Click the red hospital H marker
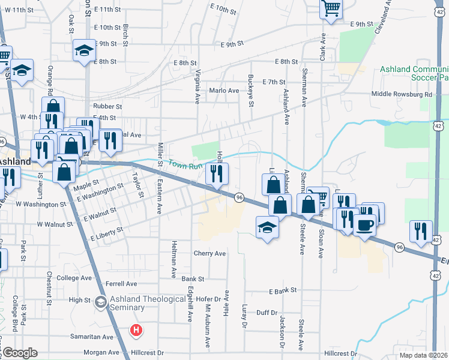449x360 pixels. pyautogui.click(x=137, y=330)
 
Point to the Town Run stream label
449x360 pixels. pyautogui.click(x=182, y=164)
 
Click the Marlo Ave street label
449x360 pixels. pyautogui.click(x=223, y=91)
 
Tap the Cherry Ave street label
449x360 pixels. pyautogui.click(x=209, y=253)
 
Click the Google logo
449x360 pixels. pyautogui.click(x=19, y=353)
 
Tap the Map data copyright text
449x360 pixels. pyautogui.click(x=424, y=356)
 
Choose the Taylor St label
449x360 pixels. pyautogui.click(x=138, y=185)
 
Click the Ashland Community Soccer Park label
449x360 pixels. pyautogui.click(x=414, y=73)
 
